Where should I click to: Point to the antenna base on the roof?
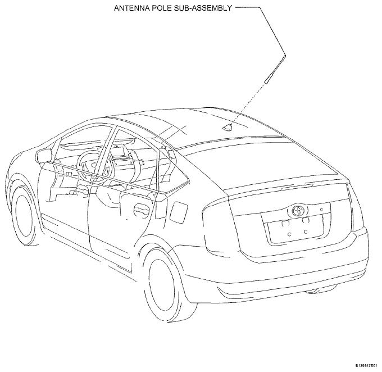[x=227, y=126]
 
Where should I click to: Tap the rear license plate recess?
[x=295, y=229]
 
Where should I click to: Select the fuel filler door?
[x=179, y=212]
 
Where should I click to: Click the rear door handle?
[x=142, y=210]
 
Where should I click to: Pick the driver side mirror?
[x=44, y=155]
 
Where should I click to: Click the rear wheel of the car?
[x=168, y=284]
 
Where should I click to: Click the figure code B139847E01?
[x=368, y=366]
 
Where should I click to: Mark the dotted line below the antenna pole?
[x=248, y=103]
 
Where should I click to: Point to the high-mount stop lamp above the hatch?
[x=297, y=187]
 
